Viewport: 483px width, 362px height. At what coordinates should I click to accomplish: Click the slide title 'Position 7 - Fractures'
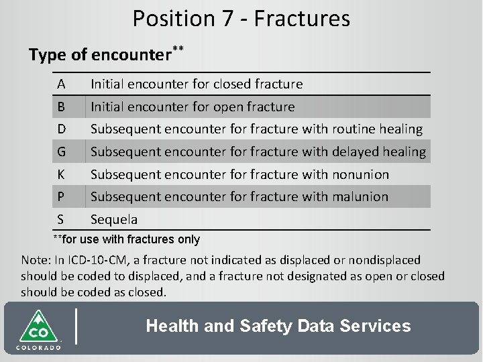(241, 19)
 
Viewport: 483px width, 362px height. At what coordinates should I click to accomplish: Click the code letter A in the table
(61, 84)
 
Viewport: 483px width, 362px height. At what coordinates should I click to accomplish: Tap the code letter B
(61, 107)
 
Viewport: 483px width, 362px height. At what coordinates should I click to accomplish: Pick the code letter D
(62, 129)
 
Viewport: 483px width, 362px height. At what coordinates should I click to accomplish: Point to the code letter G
(62, 152)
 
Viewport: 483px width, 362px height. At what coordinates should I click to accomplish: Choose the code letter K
(61, 174)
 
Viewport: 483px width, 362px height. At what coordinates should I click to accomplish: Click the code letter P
(61, 196)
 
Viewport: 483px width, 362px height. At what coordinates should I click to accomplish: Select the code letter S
(61, 219)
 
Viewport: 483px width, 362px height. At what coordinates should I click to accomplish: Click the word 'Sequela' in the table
(114, 219)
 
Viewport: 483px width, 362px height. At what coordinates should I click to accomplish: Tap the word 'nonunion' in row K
(360, 174)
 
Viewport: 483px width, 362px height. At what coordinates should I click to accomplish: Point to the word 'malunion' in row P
(360, 196)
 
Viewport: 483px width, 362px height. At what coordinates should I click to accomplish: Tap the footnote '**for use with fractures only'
(126, 239)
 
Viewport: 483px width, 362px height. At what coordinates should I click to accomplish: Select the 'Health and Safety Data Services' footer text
(278, 326)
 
